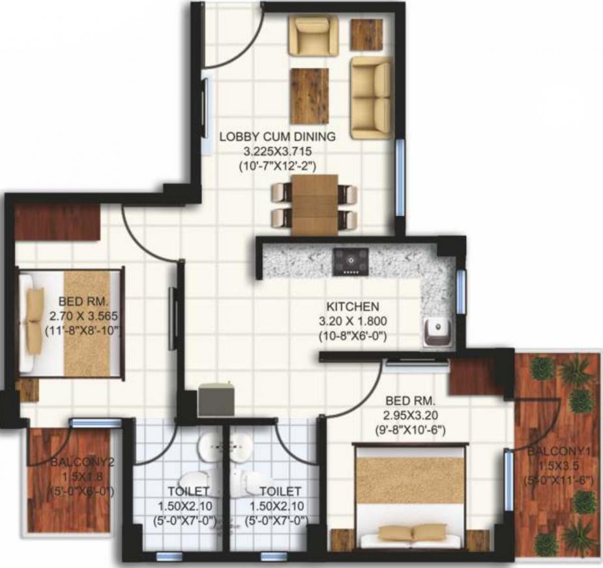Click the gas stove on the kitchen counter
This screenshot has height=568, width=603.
(351, 261)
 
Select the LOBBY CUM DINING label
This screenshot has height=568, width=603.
(277, 136)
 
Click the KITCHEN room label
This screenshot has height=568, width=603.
(353, 307)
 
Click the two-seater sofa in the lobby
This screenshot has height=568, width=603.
(372, 97)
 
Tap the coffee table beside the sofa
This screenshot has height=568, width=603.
(310, 96)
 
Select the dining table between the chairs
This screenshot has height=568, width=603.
(315, 205)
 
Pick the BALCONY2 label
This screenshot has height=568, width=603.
(83, 462)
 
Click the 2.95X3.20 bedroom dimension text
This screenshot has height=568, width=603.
(410, 415)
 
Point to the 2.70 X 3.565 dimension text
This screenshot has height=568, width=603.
(83, 316)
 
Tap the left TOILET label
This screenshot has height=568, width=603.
(188, 492)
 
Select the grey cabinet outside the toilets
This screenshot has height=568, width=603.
(216, 400)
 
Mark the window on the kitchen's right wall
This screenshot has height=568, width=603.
(460, 287)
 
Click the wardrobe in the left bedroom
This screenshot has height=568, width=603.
(57, 222)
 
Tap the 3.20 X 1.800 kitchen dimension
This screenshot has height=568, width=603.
(353, 321)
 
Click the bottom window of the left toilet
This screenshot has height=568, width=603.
(169, 556)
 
